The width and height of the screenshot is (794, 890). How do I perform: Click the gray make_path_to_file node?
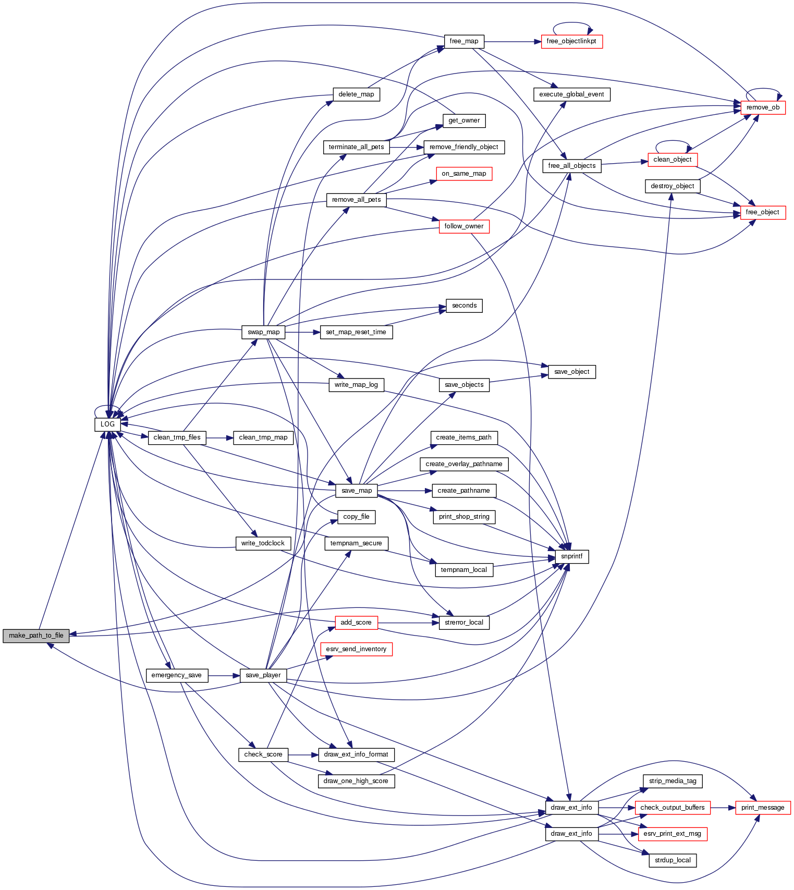[36, 636]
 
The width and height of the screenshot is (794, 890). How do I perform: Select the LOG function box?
[107, 424]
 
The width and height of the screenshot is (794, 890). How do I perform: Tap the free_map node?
[464, 41]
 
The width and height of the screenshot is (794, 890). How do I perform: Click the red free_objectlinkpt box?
[571, 41]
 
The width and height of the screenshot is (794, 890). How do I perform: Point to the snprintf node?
[572, 556]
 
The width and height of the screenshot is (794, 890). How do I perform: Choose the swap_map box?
[263, 332]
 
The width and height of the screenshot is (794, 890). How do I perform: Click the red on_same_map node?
[463, 174]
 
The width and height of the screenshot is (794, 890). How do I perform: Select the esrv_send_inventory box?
[356, 649]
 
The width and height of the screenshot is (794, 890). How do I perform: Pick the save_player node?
[263, 675]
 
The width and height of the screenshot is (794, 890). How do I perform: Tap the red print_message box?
[763, 808]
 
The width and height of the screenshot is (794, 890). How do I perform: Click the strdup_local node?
[673, 860]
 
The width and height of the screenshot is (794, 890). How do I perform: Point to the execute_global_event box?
[571, 94]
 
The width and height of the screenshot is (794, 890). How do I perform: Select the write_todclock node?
[263, 543]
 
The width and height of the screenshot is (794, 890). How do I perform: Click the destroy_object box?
[673, 186]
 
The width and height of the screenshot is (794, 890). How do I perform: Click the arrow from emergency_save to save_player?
[224, 675]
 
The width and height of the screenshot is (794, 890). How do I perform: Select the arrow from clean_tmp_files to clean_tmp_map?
[219, 437]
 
